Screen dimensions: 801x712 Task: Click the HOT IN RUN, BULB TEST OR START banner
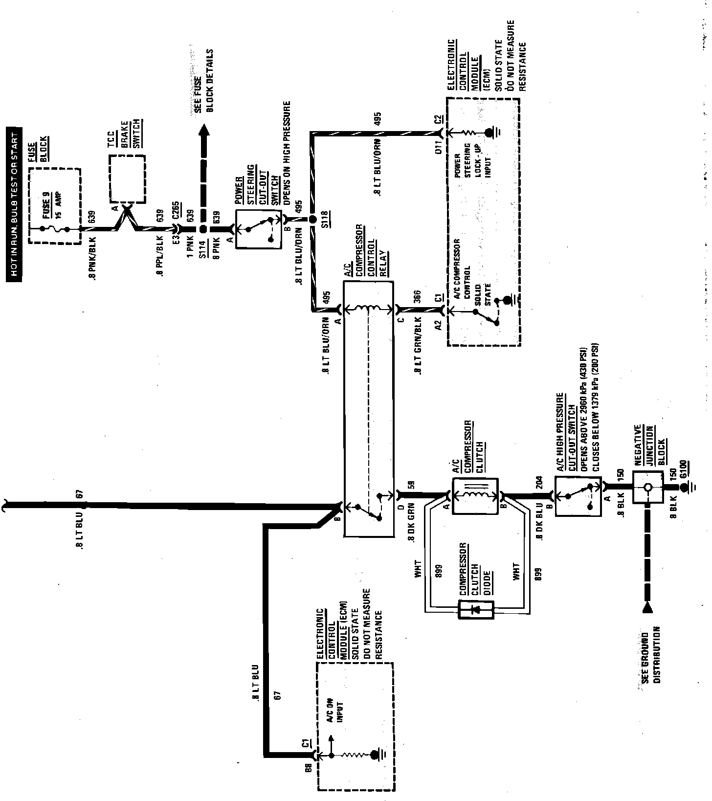click(x=15, y=206)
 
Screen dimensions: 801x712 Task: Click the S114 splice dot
click(x=202, y=229)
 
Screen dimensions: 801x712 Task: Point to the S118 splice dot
click(x=312, y=220)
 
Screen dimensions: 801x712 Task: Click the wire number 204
click(x=538, y=481)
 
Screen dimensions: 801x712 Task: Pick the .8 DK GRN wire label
click(x=411, y=522)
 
